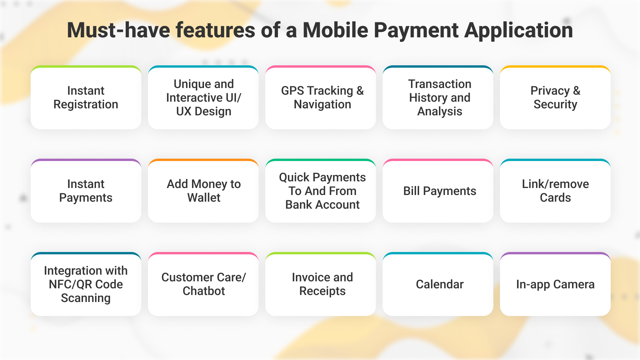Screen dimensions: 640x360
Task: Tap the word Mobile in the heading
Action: pyautogui.click(x=335, y=30)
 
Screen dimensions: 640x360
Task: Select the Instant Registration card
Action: pyautogui.click(x=86, y=97)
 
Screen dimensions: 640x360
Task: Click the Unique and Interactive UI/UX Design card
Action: pyautogui.click(x=203, y=97)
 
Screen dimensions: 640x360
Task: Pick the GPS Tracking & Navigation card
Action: pyautogui.click(x=321, y=97)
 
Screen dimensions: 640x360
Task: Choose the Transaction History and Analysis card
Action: pyautogui.click(x=438, y=97)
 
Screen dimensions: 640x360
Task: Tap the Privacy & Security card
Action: pyautogui.click(x=555, y=97)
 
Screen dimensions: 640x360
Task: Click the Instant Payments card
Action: pyautogui.click(x=86, y=191)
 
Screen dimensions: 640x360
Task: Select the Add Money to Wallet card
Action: pyautogui.click(x=203, y=191)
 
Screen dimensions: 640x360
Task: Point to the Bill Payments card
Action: pyautogui.click(x=438, y=191)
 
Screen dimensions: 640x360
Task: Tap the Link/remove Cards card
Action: pyautogui.click(x=555, y=191)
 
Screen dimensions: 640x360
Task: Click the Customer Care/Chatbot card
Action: pyautogui.click(x=203, y=284)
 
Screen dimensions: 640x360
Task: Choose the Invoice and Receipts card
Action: pyautogui.click(x=321, y=284)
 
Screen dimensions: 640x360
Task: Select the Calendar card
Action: pyautogui.click(x=438, y=284)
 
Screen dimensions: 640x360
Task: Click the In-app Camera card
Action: pyautogui.click(x=555, y=284)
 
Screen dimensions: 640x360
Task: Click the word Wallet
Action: pyautogui.click(x=204, y=198)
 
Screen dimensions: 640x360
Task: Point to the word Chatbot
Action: pyautogui.click(x=204, y=291)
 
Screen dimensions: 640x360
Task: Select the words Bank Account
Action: pyautogui.click(x=322, y=205)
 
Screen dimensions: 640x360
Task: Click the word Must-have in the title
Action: pyautogui.click(x=119, y=30)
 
